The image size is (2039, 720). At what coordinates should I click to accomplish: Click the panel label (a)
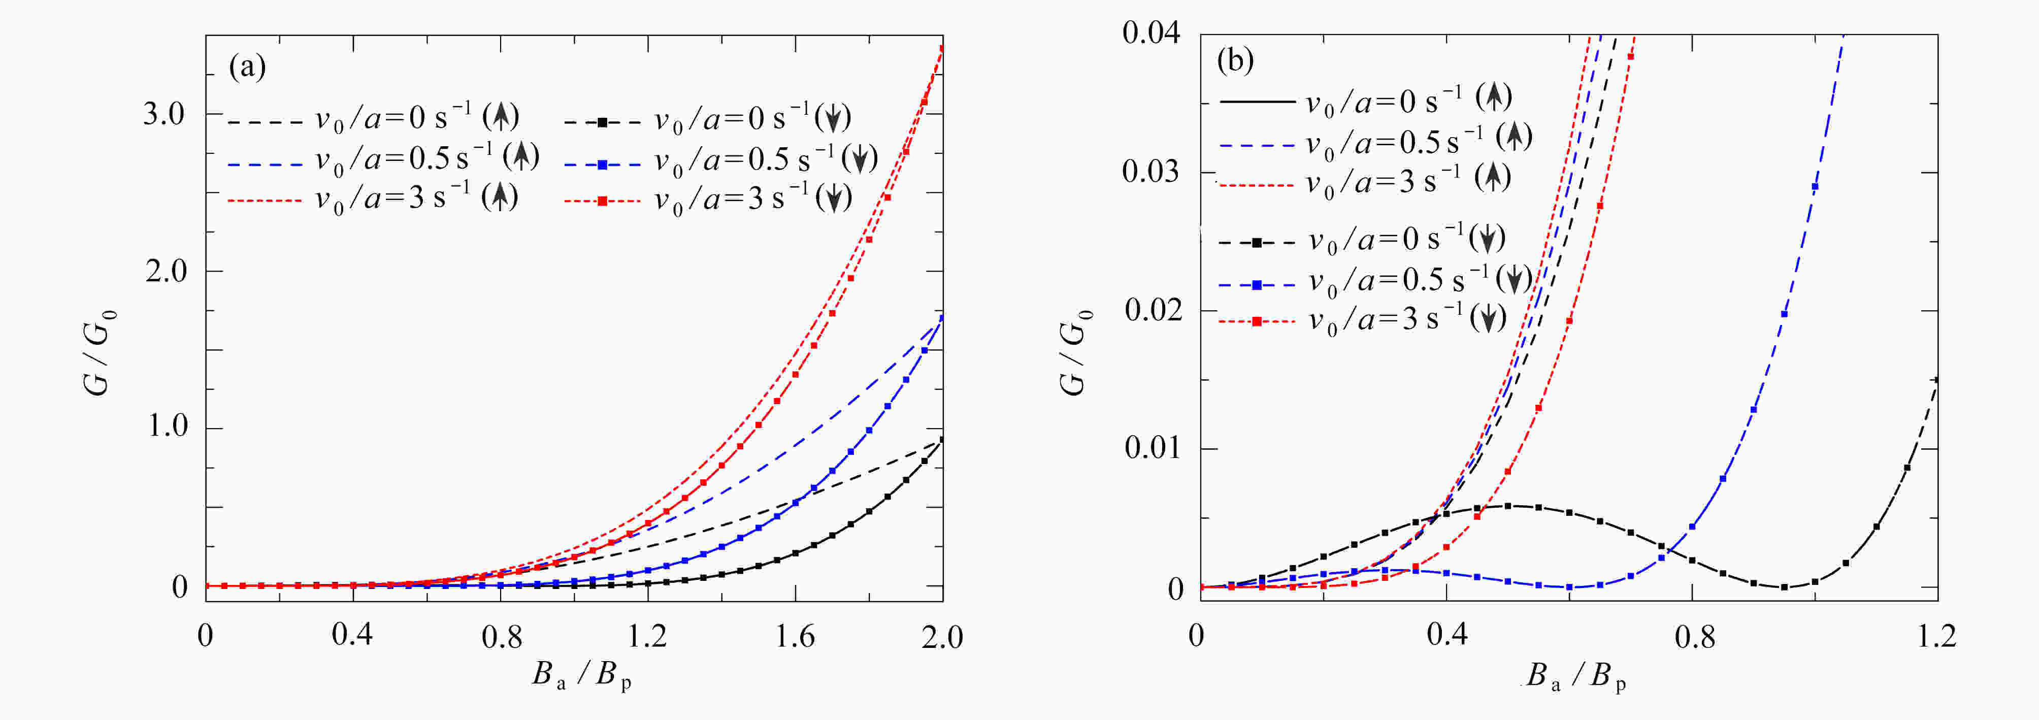(247, 67)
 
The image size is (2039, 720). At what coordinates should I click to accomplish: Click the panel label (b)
(1235, 60)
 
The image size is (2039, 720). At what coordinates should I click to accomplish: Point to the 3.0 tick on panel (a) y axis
(164, 114)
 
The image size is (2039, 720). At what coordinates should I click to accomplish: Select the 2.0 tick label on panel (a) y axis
(164, 271)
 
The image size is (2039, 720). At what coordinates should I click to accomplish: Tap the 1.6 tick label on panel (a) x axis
(795, 636)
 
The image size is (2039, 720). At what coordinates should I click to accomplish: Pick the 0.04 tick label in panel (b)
(1151, 33)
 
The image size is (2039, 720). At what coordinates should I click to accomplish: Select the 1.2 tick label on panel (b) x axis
(1937, 636)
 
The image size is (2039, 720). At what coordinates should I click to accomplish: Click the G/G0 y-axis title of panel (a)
(100, 352)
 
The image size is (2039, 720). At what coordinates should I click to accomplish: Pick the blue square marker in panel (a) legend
(602, 165)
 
